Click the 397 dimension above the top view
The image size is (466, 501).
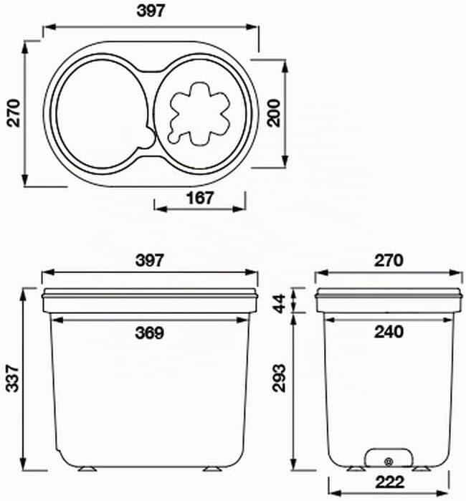tap(151, 11)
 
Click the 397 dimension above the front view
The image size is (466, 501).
tap(150, 260)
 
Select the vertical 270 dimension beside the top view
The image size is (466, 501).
tap(14, 113)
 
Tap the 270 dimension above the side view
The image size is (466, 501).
tap(389, 260)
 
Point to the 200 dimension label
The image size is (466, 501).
tap(274, 113)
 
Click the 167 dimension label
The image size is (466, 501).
tap(200, 198)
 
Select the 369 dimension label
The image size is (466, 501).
tap(149, 333)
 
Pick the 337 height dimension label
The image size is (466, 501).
tap(13, 378)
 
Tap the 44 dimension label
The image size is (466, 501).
tap(279, 304)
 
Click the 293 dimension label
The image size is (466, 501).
tap(279, 378)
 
